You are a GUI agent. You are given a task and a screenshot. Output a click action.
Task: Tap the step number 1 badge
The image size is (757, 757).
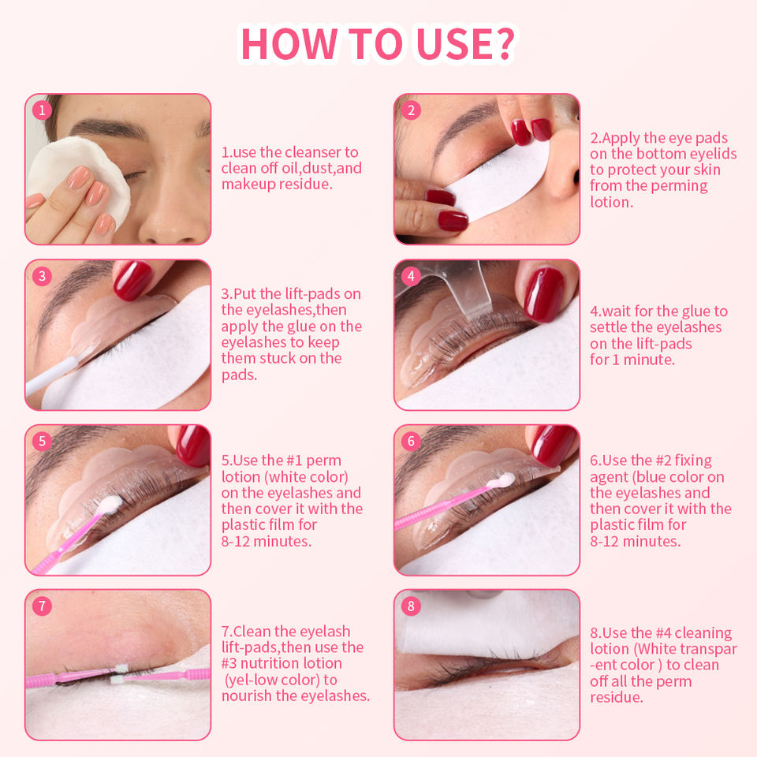[x=42, y=110]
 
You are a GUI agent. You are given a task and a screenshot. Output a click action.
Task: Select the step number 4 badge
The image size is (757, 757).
[x=411, y=276]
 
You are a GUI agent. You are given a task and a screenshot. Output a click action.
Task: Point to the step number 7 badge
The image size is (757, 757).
[x=42, y=606]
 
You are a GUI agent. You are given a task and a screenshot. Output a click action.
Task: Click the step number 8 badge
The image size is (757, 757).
[x=411, y=606]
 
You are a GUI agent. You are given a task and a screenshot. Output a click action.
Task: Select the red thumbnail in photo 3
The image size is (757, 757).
[x=132, y=280]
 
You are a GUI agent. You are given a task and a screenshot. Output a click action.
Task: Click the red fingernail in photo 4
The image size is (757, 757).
[x=544, y=293]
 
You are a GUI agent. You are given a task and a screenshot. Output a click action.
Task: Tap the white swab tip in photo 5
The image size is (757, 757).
[x=110, y=504]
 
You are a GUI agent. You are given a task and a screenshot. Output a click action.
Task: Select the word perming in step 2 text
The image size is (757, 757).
[x=678, y=186]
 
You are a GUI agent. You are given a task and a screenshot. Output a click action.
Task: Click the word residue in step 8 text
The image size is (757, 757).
[x=616, y=697]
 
